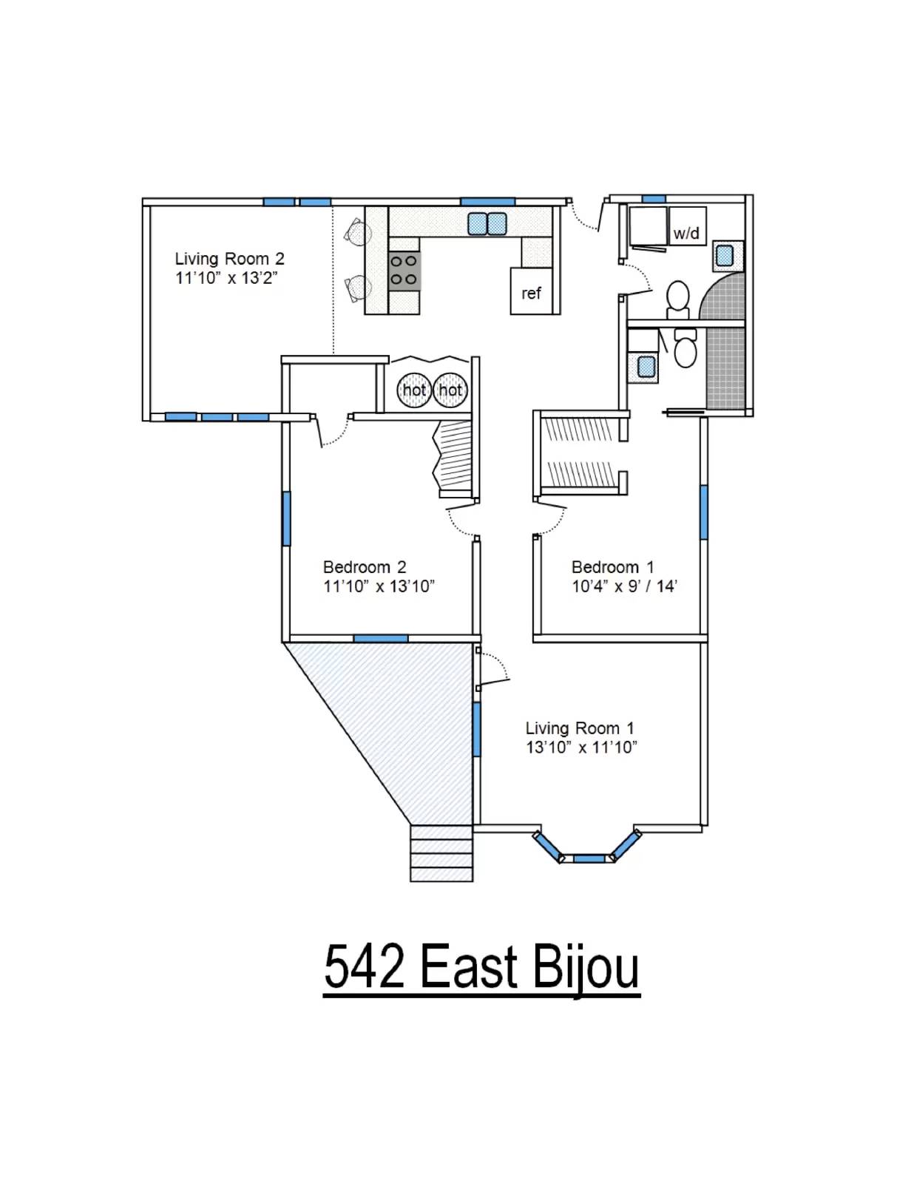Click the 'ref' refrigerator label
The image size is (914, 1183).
point(531,294)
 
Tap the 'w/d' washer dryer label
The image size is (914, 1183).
point(686,234)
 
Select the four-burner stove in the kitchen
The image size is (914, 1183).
point(404,271)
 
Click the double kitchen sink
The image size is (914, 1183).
point(487,224)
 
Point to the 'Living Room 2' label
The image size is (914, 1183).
point(230,259)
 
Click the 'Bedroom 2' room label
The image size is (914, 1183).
point(365,567)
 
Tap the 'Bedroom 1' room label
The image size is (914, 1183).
point(612,567)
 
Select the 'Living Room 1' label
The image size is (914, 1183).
point(580,728)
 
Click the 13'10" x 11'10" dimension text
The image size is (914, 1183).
point(581,748)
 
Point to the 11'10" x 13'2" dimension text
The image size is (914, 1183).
point(226,278)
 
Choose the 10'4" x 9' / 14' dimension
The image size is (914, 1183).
point(624,586)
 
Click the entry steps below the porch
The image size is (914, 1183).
point(441,853)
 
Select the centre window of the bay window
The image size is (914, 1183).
point(589,858)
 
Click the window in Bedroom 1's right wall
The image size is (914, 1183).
point(704,512)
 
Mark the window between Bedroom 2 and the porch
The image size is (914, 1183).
point(381,638)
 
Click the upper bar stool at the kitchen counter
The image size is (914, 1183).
point(357,232)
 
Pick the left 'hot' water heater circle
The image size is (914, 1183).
point(414,390)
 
